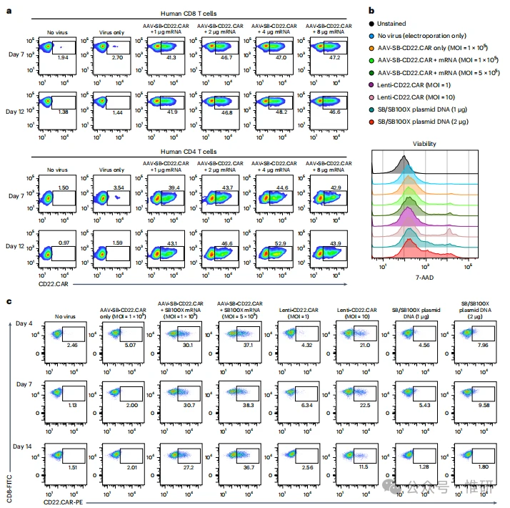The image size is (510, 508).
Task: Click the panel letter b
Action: (369, 9)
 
